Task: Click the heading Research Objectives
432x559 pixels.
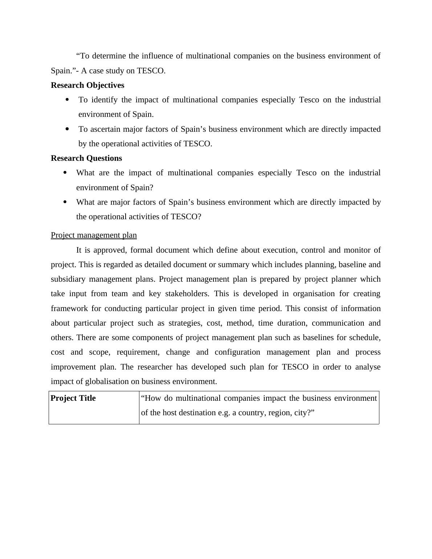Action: [x=87, y=85]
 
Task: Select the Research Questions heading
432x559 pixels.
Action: [x=86, y=158]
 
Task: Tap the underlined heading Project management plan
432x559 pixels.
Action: [x=94, y=235]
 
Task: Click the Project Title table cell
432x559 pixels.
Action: [x=73, y=398]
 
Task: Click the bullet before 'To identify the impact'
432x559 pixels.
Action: [x=67, y=100]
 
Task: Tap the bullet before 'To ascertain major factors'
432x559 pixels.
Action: [x=67, y=129]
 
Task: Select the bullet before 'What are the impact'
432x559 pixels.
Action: [x=65, y=173]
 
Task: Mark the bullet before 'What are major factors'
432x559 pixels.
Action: [x=65, y=202]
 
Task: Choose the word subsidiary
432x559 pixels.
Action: [x=68, y=279]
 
